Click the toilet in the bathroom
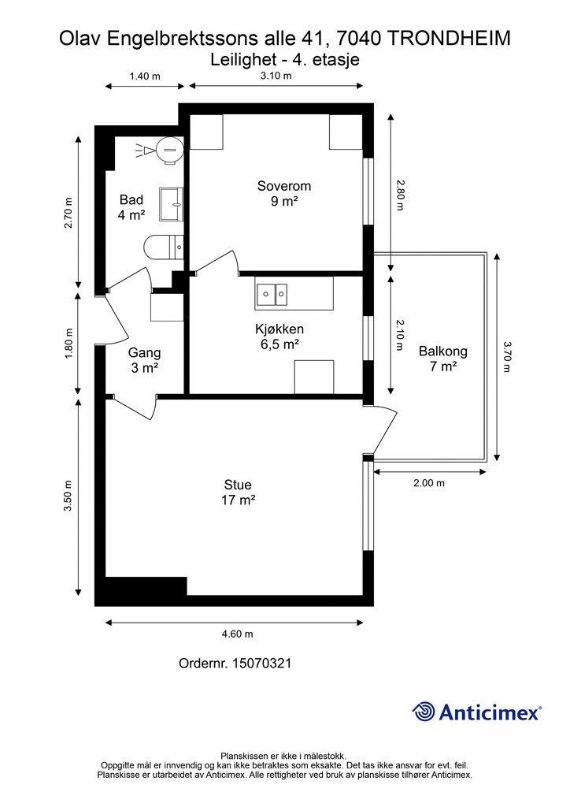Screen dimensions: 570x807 point(164,247)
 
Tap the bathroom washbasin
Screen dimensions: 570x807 point(171,204)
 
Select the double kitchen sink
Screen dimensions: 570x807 point(272,294)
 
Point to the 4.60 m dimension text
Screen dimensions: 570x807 point(238,634)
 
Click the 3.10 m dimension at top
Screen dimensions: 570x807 point(276,76)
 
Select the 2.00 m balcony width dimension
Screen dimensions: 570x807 point(429,483)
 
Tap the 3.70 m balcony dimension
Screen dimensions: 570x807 point(507,357)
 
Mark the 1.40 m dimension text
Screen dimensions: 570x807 point(144,76)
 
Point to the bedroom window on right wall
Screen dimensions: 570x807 point(368,191)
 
